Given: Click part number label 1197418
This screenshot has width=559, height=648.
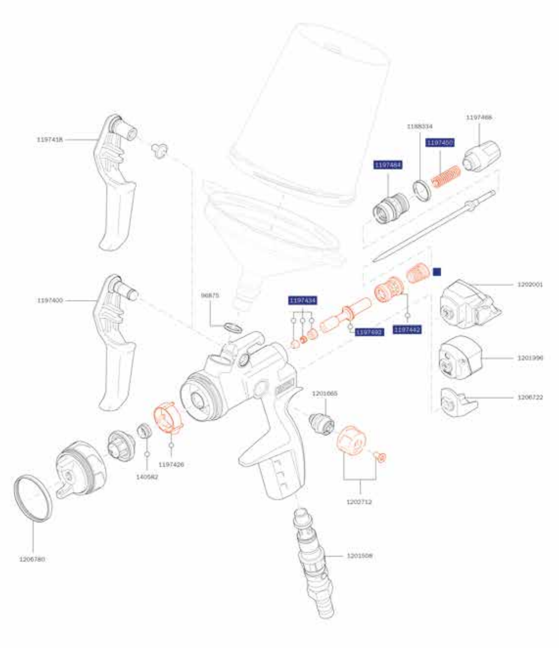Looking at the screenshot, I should pyautogui.click(x=49, y=139).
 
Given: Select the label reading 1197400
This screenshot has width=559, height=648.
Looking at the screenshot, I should pyautogui.click(x=49, y=301).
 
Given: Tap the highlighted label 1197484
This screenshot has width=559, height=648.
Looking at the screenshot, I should pyautogui.click(x=388, y=165).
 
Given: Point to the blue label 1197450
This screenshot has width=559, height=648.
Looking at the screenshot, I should pyautogui.click(x=440, y=143).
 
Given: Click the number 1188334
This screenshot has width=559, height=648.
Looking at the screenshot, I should pyautogui.click(x=420, y=125).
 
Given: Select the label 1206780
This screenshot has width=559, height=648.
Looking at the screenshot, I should pyautogui.click(x=32, y=559).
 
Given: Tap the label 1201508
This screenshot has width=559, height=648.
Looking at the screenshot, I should pyautogui.click(x=360, y=555).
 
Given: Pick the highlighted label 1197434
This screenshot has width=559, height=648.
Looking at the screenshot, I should pyautogui.click(x=303, y=301).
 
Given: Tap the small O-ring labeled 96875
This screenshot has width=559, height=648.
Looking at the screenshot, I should pyautogui.click(x=233, y=327).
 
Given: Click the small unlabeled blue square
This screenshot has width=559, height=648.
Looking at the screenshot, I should pyautogui.click(x=437, y=272).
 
